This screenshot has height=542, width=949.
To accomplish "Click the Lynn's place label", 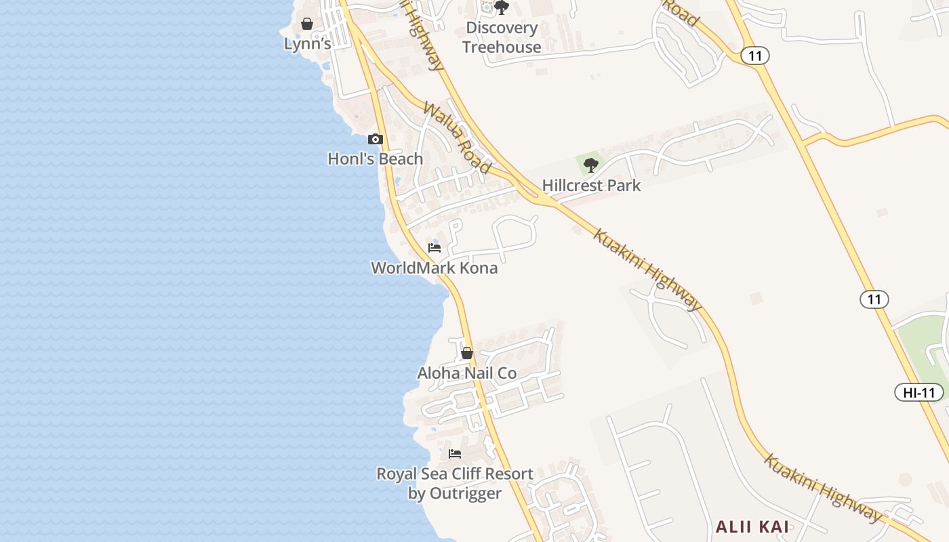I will click(307, 44).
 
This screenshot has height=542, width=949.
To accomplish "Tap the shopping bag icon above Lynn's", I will click(307, 24).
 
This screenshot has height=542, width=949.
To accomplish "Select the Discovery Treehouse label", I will click(502, 37).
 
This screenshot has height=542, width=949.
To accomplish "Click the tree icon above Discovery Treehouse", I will click(502, 7).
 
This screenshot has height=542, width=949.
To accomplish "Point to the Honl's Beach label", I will click(375, 159).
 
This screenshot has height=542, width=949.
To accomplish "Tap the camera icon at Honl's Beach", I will click(375, 139).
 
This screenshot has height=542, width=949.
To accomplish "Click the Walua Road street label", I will click(457, 138).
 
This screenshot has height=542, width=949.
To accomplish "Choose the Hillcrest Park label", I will click(591, 186).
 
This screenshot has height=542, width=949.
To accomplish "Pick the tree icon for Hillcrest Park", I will click(591, 165).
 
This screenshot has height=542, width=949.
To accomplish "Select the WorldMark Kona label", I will click(435, 268).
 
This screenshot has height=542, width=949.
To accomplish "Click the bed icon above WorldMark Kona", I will click(435, 247).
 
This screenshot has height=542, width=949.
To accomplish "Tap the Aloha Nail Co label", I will click(467, 373).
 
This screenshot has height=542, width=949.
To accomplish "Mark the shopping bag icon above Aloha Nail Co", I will click(467, 353).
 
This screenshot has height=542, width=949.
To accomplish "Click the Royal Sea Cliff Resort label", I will click(455, 483).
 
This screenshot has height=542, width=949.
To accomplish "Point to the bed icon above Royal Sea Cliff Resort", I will click(455, 453).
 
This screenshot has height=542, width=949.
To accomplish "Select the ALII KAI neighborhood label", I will click(752, 526).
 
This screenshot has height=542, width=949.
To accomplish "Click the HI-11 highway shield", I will click(919, 392).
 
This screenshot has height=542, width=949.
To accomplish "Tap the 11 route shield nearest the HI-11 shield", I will click(874, 299).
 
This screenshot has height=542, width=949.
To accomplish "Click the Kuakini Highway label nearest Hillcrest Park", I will click(647, 270).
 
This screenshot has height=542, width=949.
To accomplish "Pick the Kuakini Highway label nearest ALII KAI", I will click(824, 488).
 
